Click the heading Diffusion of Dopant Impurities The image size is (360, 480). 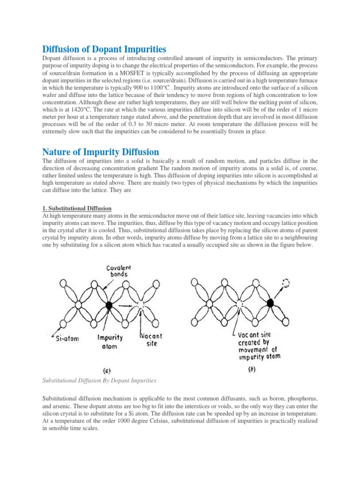coord(105,49)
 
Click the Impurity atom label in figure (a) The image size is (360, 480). coord(110,341)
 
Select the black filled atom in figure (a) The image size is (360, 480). coord(109,306)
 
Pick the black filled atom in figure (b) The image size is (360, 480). coord(270,303)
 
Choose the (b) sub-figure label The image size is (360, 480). coord(252,369)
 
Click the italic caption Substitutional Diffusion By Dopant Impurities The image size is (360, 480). coord(99,380)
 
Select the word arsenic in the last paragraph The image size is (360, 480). coord(62,406)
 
